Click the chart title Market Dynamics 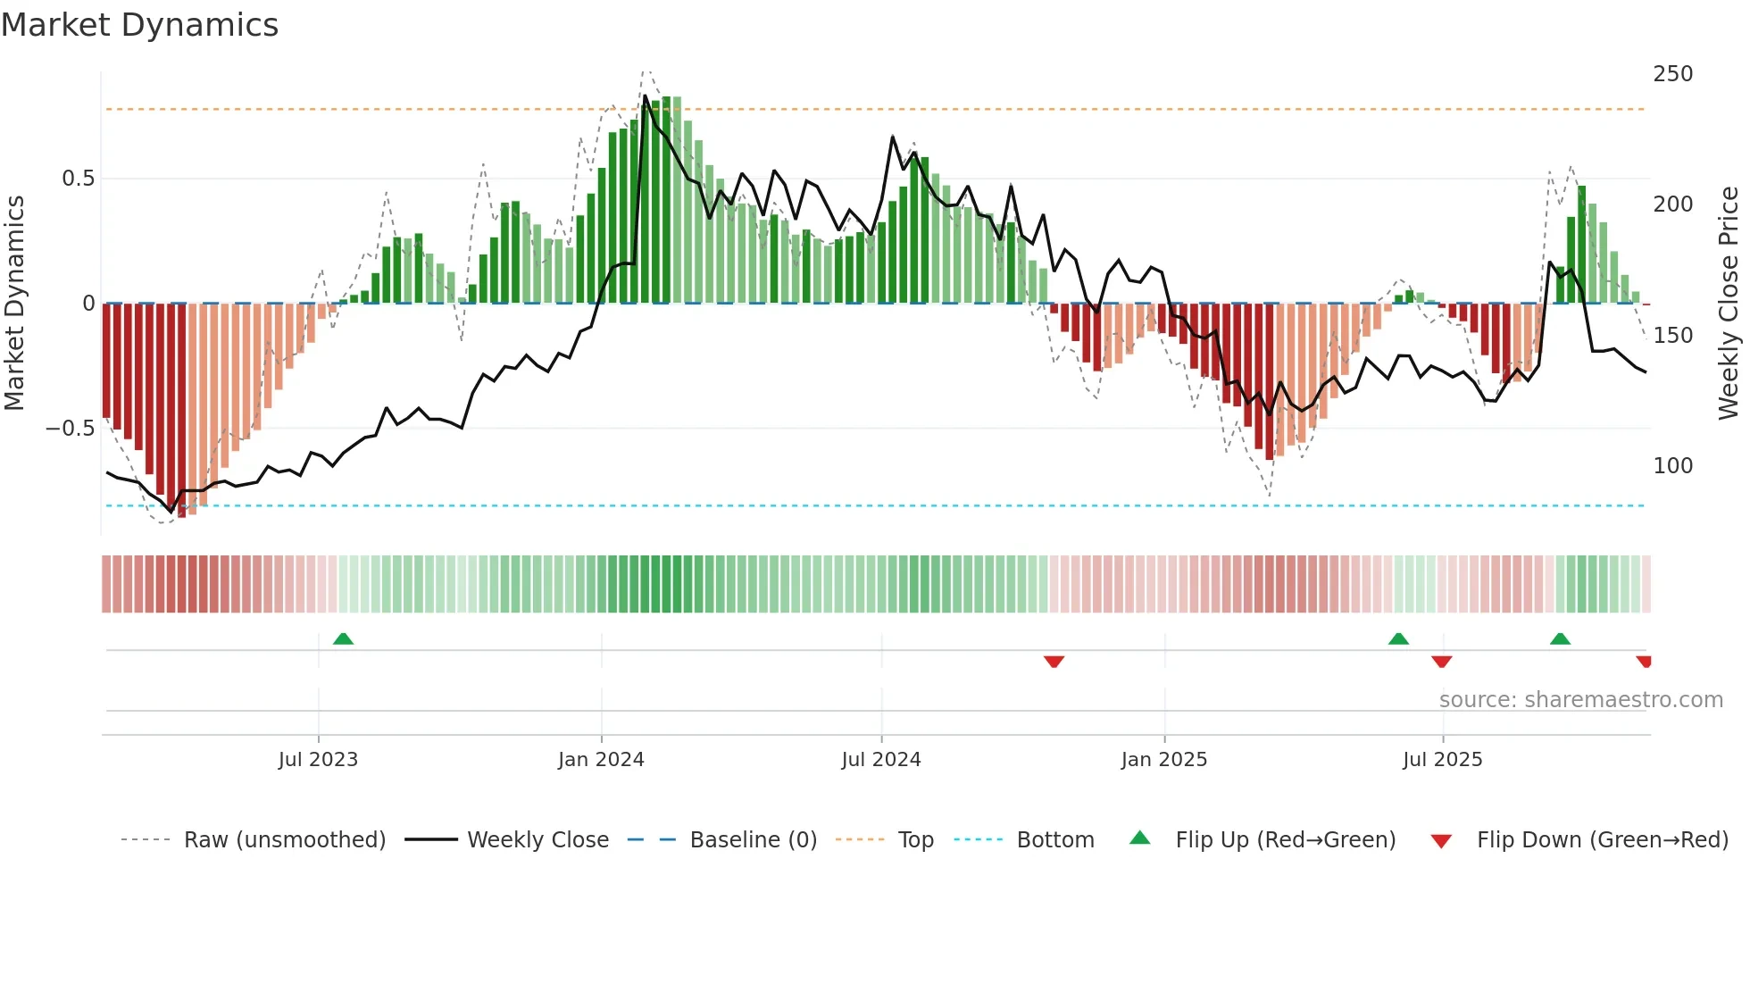(x=140, y=25)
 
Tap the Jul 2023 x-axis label (x=318, y=760)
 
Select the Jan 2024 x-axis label (x=601, y=760)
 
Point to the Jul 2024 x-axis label (x=881, y=760)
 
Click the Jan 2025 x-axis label (x=1164, y=760)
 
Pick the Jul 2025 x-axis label (x=1443, y=760)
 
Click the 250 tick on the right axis (x=1672, y=74)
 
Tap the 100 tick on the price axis (x=1672, y=466)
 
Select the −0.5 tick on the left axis (x=70, y=429)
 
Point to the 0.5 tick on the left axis (x=78, y=179)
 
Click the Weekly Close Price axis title (x=1729, y=304)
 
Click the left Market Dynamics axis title (x=14, y=304)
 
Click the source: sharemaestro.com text (x=1580, y=700)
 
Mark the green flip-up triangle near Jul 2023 (x=343, y=638)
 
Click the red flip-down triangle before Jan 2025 (x=1054, y=662)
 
